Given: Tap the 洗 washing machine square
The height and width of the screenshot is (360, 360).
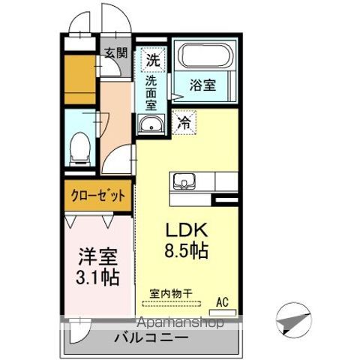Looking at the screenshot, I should (x=153, y=58).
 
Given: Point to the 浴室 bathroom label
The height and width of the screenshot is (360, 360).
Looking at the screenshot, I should (x=203, y=85).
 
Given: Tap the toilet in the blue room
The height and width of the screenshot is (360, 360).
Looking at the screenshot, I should (x=78, y=147).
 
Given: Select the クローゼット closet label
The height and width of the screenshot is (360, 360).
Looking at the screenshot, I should (x=98, y=195).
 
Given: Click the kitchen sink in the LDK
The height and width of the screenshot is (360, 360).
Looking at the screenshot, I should (x=184, y=181).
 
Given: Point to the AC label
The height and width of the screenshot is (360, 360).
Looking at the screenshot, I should (x=222, y=301).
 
